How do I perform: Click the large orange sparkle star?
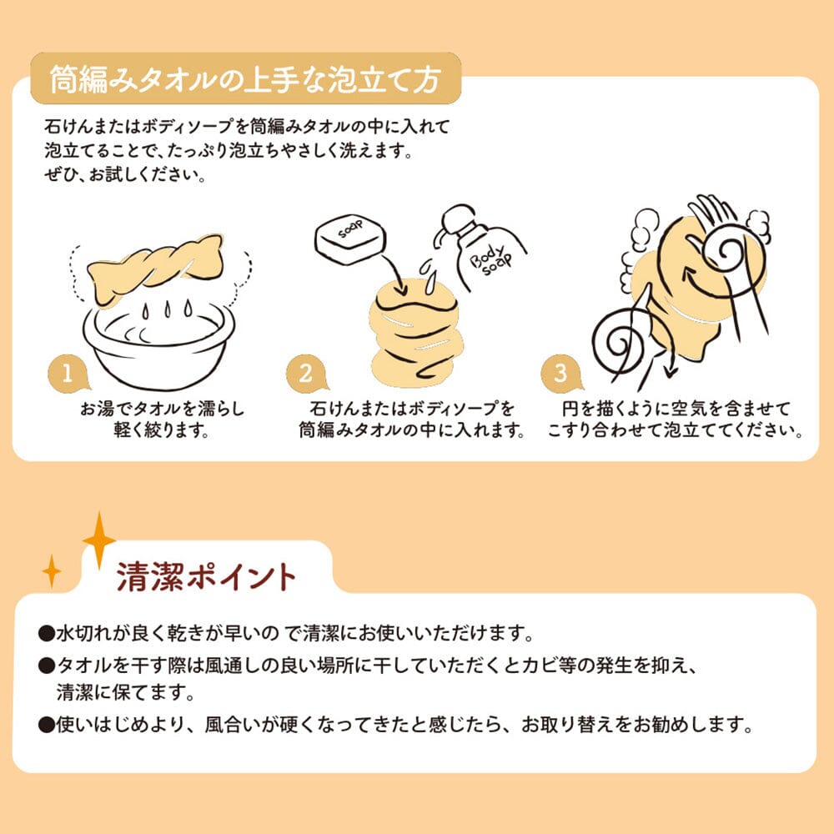pos(98,540)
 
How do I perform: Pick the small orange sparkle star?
pos(52,570)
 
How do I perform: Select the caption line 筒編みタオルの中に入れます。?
pos(413,432)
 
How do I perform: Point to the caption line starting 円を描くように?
pos(676,409)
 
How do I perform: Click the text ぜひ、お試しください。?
pos(127,177)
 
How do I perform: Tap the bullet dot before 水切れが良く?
pos(47,633)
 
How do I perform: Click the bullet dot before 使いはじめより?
pos(47,723)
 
